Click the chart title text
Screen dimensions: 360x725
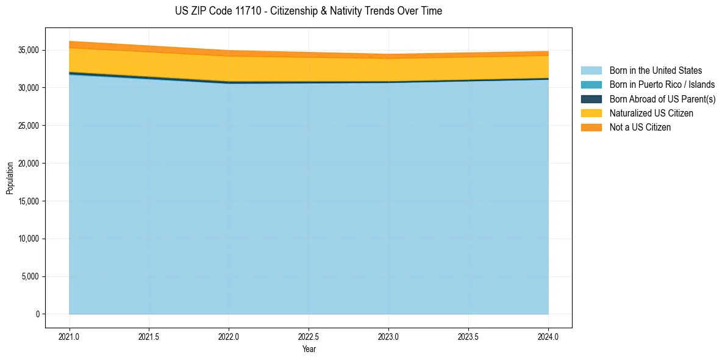point(308,11)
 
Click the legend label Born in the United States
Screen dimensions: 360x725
point(655,71)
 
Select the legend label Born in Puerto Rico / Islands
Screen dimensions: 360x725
point(662,85)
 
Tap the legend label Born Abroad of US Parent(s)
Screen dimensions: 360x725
point(662,99)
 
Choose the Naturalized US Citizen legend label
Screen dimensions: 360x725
point(651,113)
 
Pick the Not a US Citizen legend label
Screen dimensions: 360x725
point(640,128)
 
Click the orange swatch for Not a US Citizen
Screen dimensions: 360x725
point(591,128)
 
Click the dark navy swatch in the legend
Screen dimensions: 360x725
point(591,99)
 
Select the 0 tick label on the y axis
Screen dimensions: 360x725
point(37,314)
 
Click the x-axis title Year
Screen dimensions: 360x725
point(309,349)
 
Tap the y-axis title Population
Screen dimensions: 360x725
point(10,178)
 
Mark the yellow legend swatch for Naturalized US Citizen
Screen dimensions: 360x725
point(591,113)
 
